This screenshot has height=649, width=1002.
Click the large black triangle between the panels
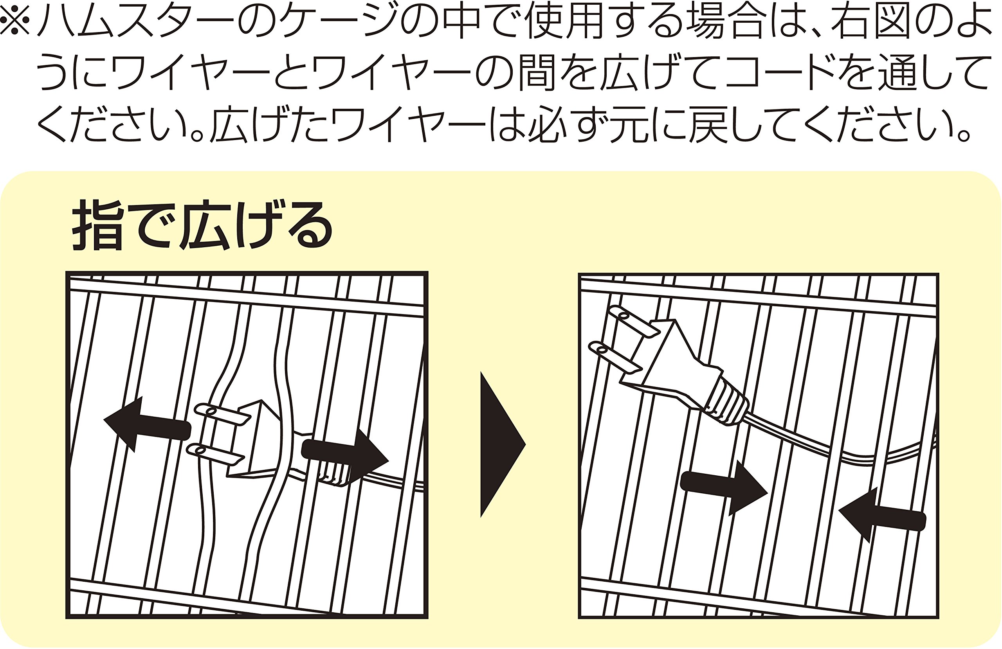(x=503, y=444)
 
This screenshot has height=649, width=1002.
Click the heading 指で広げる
(x=202, y=225)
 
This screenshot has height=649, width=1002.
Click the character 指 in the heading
(x=98, y=225)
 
